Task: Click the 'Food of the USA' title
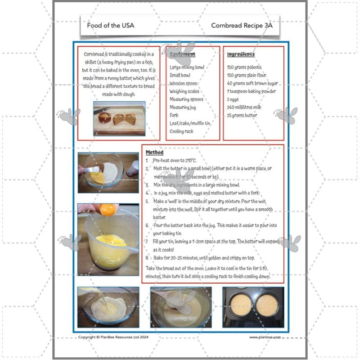110,25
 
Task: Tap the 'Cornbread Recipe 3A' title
242,25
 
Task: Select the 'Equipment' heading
183,54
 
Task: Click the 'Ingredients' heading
241,54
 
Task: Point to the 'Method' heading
154,153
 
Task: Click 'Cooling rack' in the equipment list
182,131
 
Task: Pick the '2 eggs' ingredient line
234,99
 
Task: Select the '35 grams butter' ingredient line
242,115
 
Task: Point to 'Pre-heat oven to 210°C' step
175,160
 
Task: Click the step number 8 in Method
147,258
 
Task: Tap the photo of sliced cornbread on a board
119,118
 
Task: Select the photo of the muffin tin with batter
253,307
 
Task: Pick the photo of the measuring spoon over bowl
108,172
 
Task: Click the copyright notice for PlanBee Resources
113,337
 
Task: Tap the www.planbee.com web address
265,337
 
